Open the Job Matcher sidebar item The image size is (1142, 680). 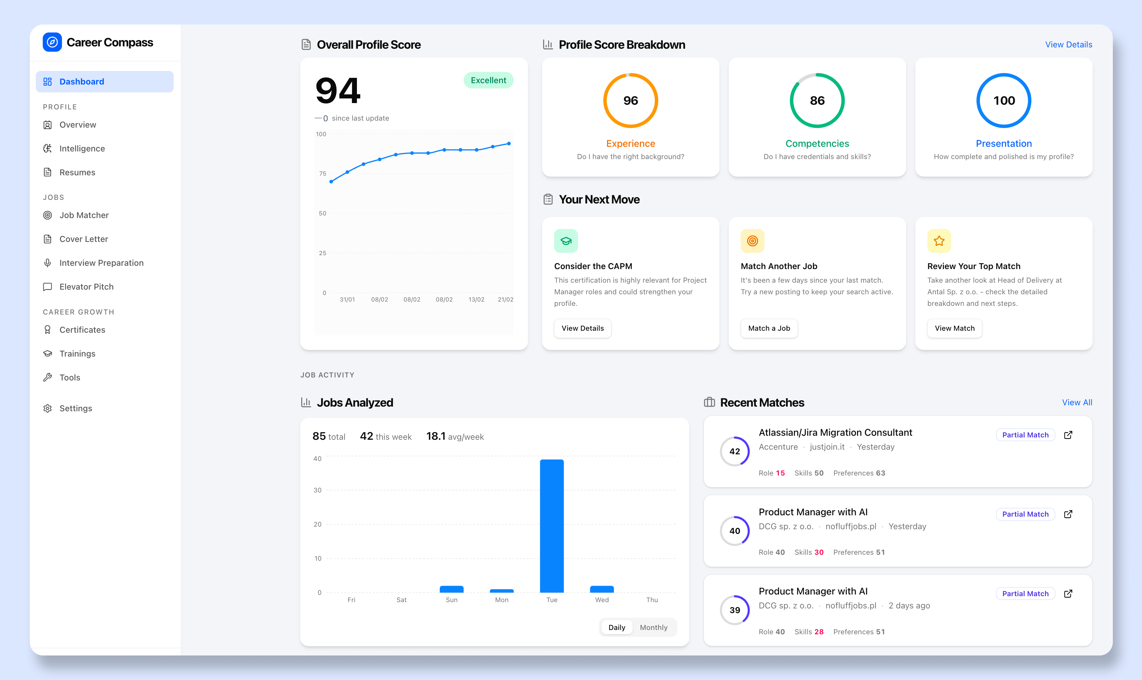(84, 215)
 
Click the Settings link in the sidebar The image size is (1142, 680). (76, 408)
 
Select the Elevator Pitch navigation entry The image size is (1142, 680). (86, 287)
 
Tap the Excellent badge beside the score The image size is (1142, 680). (488, 80)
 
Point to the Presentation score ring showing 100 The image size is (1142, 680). (1003, 100)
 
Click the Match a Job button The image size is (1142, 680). (769, 328)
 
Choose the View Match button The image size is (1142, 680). (954, 328)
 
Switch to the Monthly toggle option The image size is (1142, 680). (653, 627)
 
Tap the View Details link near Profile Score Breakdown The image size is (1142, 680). (1068, 44)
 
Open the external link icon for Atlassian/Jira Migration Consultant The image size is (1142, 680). (1068, 435)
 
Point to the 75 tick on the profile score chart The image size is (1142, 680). (323, 174)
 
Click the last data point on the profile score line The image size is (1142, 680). (509, 143)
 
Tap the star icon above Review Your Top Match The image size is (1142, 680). (939, 241)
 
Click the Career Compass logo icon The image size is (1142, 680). (52, 42)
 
